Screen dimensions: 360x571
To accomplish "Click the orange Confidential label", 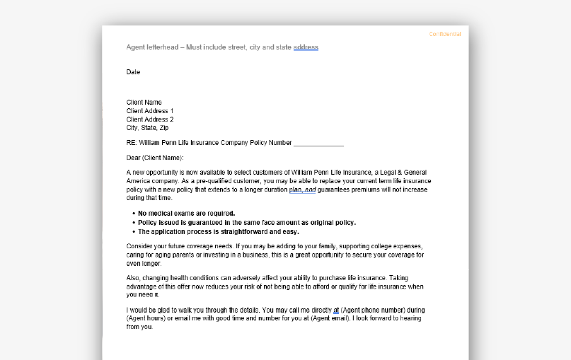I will pos(445,34).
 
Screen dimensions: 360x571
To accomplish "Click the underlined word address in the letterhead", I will pos(306,47).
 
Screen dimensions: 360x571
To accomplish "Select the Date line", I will pos(133,72).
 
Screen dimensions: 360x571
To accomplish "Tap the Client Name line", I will pos(144,103).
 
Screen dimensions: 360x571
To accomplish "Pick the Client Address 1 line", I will pos(150,111).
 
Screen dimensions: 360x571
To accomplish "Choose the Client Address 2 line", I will pos(150,120).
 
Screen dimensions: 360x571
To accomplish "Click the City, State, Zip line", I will pos(148,128).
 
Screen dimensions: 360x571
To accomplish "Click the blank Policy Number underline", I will pos(318,143).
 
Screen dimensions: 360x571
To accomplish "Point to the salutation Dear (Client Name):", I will pos(155,158).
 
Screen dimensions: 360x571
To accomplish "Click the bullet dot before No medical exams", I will pos(133,213).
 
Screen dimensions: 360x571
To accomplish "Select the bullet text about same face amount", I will pos(247,222).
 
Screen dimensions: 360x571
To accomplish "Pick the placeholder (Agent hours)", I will pos(146,319).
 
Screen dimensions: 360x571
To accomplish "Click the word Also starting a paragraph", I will pos(134,278).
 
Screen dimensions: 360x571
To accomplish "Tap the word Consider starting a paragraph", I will pos(140,246).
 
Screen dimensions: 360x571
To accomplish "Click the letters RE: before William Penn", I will pos(132,143).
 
